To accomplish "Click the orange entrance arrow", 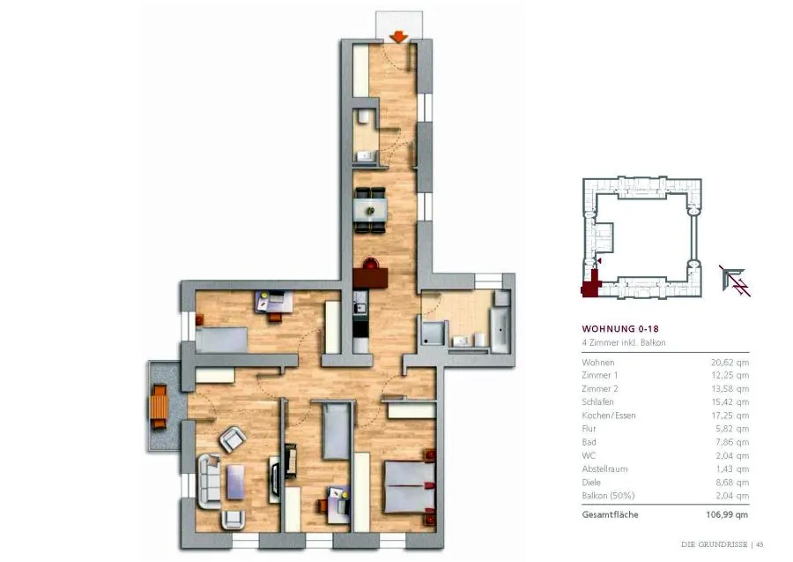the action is pyautogui.click(x=399, y=36).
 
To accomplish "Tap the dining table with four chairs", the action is pyautogui.click(x=370, y=210).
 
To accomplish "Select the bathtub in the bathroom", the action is pyautogui.click(x=500, y=330).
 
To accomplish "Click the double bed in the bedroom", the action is pyautogui.click(x=410, y=487).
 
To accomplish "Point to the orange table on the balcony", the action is pyautogui.click(x=159, y=407).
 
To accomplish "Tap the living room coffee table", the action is pyautogui.click(x=236, y=482).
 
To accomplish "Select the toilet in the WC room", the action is pyautogui.click(x=364, y=118).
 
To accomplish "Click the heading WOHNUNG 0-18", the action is pyautogui.click(x=620, y=328).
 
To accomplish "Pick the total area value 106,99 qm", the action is pyautogui.click(x=727, y=515).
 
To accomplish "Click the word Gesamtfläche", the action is pyautogui.click(x=610, y=515).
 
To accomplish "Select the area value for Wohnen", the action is pyautogui.click(x=730, y=363).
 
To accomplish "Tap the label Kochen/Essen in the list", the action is pyautogui.click(x=608, y=416).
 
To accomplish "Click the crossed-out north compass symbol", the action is pyautogui.click(x=735, y=281).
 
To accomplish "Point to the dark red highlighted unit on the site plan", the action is pyautogui.click(x=591, y=285).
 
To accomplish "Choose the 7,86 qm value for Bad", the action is pyautogui.click(x=732, y=443).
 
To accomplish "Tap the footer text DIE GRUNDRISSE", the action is pyautogui.click(x=714, y=544).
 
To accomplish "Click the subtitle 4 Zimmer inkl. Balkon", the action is pyautogui.click(x=624, y=343).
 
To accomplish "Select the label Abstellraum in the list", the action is pyautogui.click(x=604, y=469).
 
